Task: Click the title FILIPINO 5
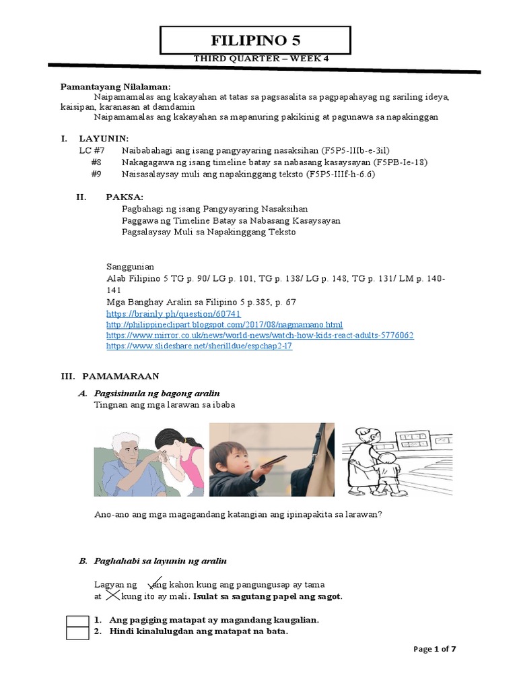tap(255, 40)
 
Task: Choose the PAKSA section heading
tap(125, 197)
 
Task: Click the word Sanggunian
tap(131, 266)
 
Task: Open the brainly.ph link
tap(174, 314)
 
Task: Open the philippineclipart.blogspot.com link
tap(225, 325)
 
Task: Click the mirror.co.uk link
tap(260, 335)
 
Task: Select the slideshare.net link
tap(199, 346)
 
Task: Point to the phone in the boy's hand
tap(273, 462)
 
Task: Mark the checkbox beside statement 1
tap(77, 620)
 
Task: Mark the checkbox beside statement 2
tap(77, 632)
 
